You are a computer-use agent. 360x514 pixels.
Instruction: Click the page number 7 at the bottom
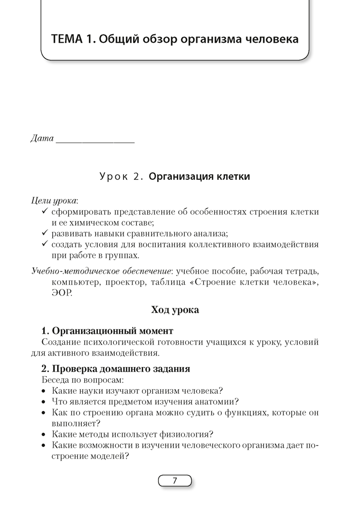[x=175, y=481]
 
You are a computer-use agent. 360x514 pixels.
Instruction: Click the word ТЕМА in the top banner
[x=71, y=40]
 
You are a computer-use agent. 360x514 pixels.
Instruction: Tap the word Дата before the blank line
[x=42, y=139]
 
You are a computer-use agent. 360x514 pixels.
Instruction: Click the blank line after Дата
[x=95, y=140]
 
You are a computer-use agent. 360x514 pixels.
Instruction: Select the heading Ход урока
[x=175, y=310]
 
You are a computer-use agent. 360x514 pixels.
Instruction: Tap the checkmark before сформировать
[x=45, y=211]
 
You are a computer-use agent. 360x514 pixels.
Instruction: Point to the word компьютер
[x=74, y=281]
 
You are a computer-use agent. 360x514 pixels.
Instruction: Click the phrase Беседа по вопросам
[x=82, y=380]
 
